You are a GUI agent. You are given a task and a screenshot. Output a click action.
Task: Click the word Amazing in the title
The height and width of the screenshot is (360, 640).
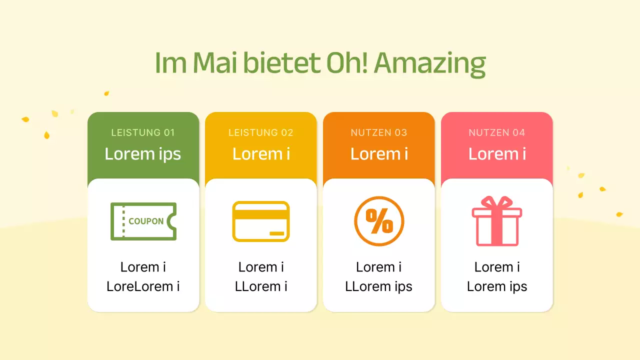pos(429,63)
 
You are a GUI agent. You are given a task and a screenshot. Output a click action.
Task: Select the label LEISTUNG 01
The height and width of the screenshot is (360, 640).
pos(143,132)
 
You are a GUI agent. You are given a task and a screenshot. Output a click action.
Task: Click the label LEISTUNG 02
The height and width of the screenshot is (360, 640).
pos(261,132)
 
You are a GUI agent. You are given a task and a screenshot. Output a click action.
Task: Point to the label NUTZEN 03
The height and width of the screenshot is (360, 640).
pos(379,132)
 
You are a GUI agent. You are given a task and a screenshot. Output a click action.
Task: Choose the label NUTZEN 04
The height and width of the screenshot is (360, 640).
pos(497,132)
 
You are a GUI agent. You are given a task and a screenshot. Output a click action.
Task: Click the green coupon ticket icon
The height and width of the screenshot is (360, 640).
pos(143,221)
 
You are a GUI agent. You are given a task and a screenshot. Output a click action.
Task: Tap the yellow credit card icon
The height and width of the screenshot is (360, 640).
pos(261,221)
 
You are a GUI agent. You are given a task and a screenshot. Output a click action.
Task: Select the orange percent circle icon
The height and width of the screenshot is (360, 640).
pos(379,221)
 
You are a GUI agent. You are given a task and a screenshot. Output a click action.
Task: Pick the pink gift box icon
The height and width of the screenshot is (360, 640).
pos(497,221)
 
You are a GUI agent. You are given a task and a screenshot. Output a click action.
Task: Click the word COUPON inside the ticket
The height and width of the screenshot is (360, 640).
pos(146,221)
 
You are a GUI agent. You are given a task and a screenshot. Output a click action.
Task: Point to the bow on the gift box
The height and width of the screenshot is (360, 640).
pos(497,202)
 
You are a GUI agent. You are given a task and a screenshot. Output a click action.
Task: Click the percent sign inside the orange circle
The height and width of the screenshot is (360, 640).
pos(379,221)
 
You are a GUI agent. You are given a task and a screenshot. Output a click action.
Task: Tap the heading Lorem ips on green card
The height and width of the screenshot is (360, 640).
pos(143,153)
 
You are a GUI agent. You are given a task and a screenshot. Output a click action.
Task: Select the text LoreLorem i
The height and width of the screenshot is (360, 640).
pos(143,286)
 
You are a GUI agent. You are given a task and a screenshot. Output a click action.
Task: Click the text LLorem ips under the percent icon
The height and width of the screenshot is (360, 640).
pos(379,286)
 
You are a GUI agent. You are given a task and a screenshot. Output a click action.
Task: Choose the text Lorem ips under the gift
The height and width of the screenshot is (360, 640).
pos(497,286)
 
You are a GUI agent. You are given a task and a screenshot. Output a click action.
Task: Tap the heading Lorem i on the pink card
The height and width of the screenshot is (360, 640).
pos(497,153)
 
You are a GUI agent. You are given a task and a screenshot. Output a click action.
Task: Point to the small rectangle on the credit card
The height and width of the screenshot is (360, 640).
pos(276,233)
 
